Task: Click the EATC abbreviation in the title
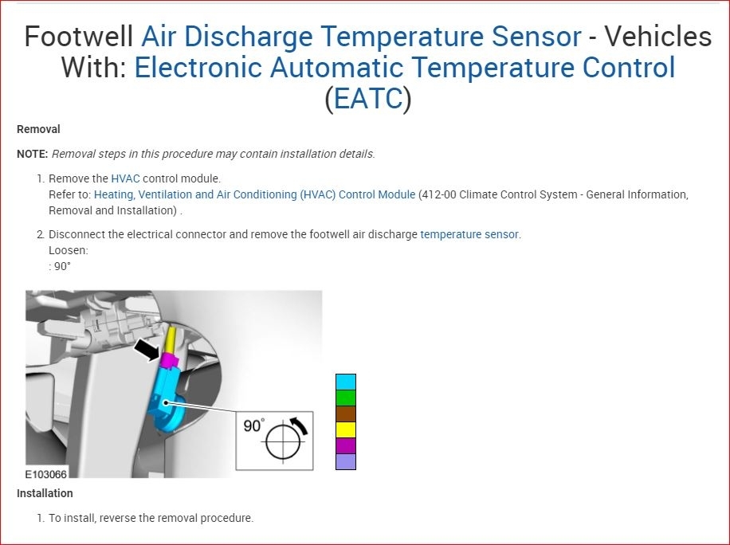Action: (x=368, y=98)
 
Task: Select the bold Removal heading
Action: (x=38, y=129)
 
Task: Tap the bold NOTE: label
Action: (x=33, y=154)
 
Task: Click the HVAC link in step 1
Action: (x=125, y=178)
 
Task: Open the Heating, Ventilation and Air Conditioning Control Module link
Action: (x=255, y=194)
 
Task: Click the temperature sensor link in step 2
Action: (x=469, y=234)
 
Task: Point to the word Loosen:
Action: (x=69, y=250)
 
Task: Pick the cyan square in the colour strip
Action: (x=346, y=382)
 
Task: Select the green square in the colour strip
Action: (x=346, y=398)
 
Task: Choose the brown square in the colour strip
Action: (x=346, y=414)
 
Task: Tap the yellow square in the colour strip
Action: (x=346, y=429)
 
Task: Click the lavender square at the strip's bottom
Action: (x=346, y=461)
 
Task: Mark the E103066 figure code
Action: (x=46, y=474)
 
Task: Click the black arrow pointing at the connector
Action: (x=147, y=350)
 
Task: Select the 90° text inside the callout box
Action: (x=254, y=425)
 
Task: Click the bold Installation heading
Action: (x=45, y=493)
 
